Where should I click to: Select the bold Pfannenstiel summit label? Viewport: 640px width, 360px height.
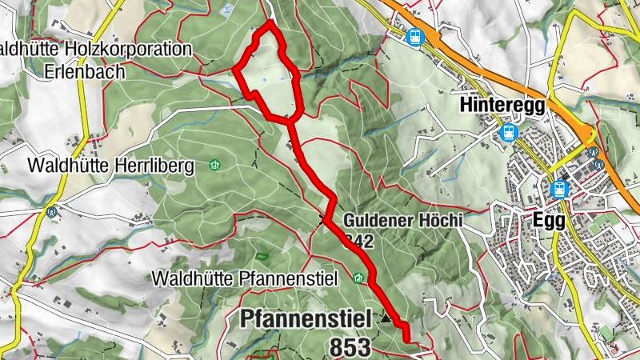(x=306, y=319)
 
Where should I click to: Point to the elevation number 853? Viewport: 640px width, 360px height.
(x=350, y=346)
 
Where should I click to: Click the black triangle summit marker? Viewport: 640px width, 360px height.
(x=387, y=318)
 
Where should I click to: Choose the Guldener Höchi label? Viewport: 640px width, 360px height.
(x=403, y=220)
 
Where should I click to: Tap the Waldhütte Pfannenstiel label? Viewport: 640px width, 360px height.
(x=250, y=278)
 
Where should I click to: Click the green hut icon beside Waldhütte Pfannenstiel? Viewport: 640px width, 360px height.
(x=359, y=278)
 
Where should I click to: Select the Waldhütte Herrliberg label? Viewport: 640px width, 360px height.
(x=111, y=166)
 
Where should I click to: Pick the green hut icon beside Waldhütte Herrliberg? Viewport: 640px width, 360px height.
(x=214, y=166)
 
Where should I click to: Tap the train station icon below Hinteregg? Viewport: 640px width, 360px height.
(x=507, y=134)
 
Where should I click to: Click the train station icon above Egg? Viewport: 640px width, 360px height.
(x=558, y=190)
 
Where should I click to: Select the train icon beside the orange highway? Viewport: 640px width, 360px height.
(x=414, y=36)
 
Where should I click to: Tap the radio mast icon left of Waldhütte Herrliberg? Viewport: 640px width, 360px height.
(x=52, y=213)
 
